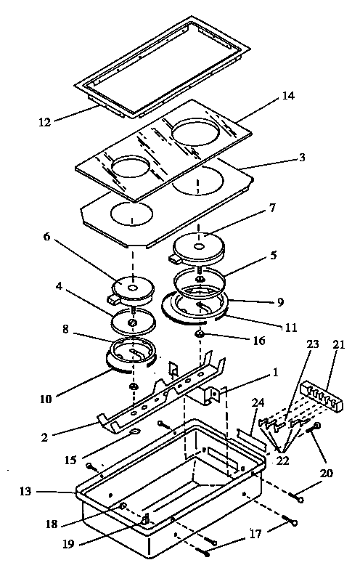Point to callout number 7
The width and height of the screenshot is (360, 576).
(271, 208)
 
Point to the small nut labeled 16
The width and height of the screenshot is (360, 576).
(198, 334)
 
